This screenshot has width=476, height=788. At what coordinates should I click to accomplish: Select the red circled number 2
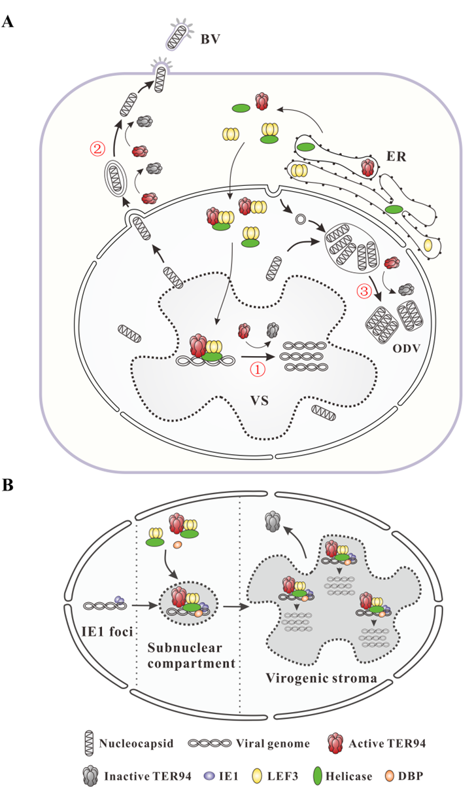(97, 149)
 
